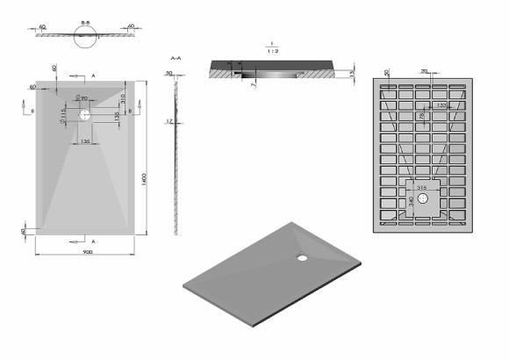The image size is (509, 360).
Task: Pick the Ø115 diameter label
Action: tap(63, 114)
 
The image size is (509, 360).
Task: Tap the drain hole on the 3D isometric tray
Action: tap(302, 258)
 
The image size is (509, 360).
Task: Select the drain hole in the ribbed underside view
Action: tap(424, 198)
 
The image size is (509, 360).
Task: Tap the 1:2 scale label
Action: tap(274, 50)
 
